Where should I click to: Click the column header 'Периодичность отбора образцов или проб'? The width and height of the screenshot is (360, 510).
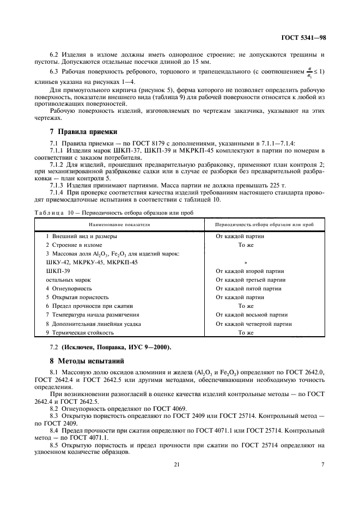tap(264, 224)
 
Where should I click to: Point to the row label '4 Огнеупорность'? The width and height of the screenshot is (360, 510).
tap(69, 288)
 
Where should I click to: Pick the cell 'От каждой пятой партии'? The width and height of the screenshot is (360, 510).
tap(248, 288)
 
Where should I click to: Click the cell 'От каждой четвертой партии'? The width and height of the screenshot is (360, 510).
tap(254, 323)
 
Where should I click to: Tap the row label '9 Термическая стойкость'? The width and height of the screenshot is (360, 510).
tap(80, 332)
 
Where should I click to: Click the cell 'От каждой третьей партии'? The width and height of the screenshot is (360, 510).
tap(251, 280)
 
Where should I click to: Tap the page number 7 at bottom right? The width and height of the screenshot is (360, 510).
tap(322, 464)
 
